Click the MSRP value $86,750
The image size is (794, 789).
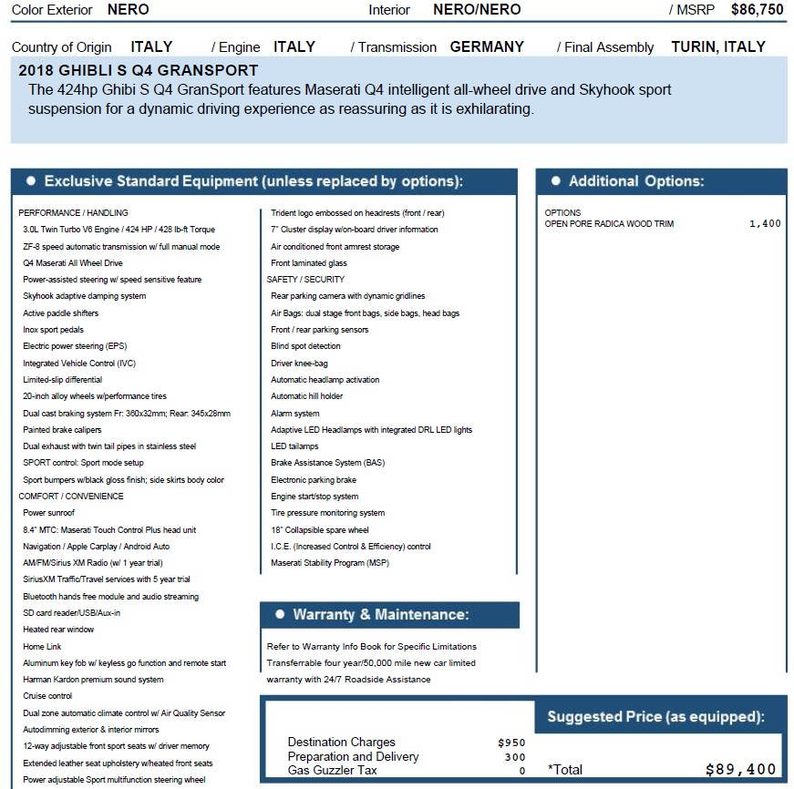coord(757,10)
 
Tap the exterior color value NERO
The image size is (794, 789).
coord(128,10)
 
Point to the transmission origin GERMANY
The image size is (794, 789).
coord(487,47)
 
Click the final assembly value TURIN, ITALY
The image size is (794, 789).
coord(718,47)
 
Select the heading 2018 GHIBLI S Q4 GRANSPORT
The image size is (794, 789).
coord(138,71)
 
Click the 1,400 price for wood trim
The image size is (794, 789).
coord(765,224)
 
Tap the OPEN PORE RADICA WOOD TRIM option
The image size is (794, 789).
coord(609,224)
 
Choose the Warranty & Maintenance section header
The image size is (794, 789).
coord(380,615)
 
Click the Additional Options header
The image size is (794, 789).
coord(635,181)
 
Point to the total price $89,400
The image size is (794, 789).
coord(740,770)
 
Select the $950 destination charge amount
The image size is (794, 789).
coord(512,743)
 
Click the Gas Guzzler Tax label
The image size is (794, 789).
coord(332,771)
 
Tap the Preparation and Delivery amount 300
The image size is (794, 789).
coord(515,757)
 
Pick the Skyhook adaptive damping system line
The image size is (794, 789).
coord(84,296)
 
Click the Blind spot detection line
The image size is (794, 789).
coord(305,346)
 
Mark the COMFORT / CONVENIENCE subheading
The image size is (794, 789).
coord(71,497)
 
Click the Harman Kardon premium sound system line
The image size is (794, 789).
coord(93,680)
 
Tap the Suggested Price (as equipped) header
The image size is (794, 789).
coord(655,717)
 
